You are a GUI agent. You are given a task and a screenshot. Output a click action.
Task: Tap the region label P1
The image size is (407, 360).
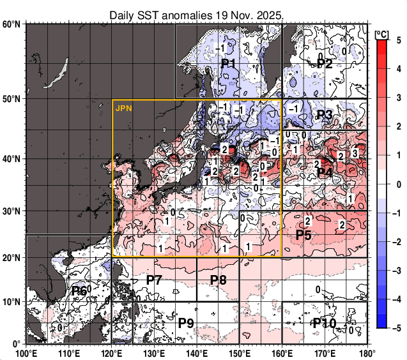pyautogui.click(x=229, y=64)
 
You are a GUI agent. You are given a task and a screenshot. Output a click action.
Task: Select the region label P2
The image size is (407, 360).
pyautogui.click(x=325, y=64)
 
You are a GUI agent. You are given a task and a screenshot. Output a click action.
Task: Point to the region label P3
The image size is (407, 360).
pyautogui.click(x=325, y=115)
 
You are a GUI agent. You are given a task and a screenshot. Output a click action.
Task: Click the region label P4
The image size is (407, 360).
pyautogui.click(x=325, y=172)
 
